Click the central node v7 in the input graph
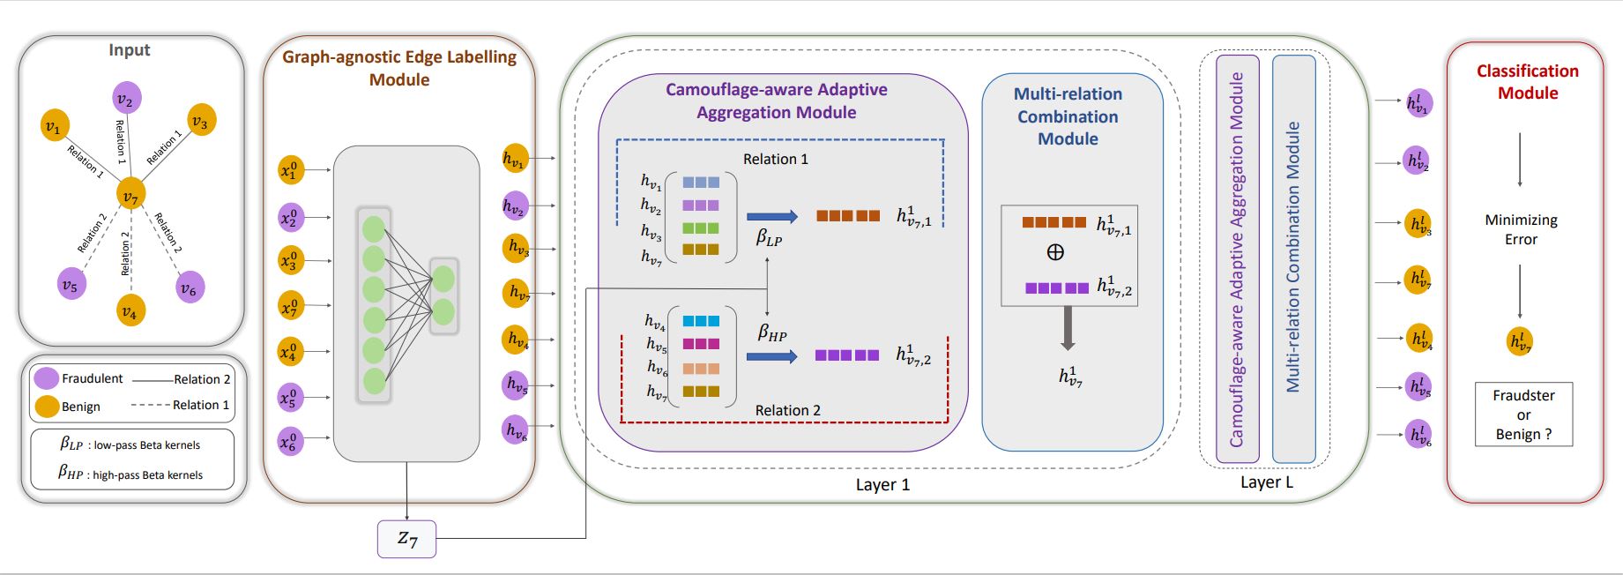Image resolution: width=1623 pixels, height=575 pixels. click(130, 194)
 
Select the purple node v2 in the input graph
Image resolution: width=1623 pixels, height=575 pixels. click(126, 99)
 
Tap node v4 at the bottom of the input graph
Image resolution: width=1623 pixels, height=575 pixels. click(130, 311)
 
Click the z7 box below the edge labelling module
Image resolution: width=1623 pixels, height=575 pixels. click(406, 538)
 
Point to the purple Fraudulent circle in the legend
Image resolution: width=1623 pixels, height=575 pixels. click(47, 378)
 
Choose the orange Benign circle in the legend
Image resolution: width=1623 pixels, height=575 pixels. click(47, 407)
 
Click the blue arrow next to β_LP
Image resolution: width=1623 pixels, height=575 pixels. click(771, 216)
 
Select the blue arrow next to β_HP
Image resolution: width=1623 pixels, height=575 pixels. click(771, 356)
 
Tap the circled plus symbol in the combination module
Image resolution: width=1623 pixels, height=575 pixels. click(1055, 252)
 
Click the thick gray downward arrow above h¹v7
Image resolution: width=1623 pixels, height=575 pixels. click(1068, 328)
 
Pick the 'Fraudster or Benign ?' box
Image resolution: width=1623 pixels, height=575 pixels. click(1523, 414)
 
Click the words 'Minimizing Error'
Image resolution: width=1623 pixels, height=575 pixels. click(1521, 229)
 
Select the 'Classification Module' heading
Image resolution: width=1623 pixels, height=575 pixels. click(1528, 82)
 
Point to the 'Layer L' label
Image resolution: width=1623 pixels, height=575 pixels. click(1266, 482)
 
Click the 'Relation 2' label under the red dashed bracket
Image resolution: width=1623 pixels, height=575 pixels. click(787, 410)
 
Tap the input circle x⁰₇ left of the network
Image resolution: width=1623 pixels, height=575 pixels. click(290, 306)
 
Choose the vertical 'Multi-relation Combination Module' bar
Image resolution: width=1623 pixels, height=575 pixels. click(1293, 258)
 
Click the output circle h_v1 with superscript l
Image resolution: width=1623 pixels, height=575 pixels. click(1418, 102)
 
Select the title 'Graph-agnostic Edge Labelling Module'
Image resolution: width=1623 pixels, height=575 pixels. click(399, 68)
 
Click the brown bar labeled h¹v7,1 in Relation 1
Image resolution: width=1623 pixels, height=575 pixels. click(847, 215)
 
